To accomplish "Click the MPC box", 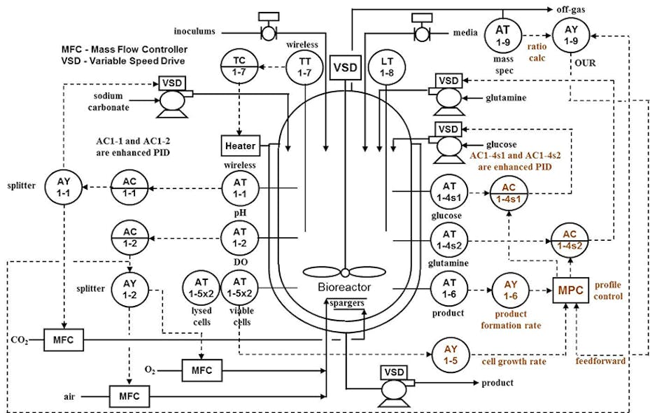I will (x=571, y=288).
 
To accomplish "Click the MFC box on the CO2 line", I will (x=63, y=341).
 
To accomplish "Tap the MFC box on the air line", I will (x=129, y=397).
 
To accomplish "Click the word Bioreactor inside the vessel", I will (x=344, y=287).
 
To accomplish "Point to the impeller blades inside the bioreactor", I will (x=344, y=272).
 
